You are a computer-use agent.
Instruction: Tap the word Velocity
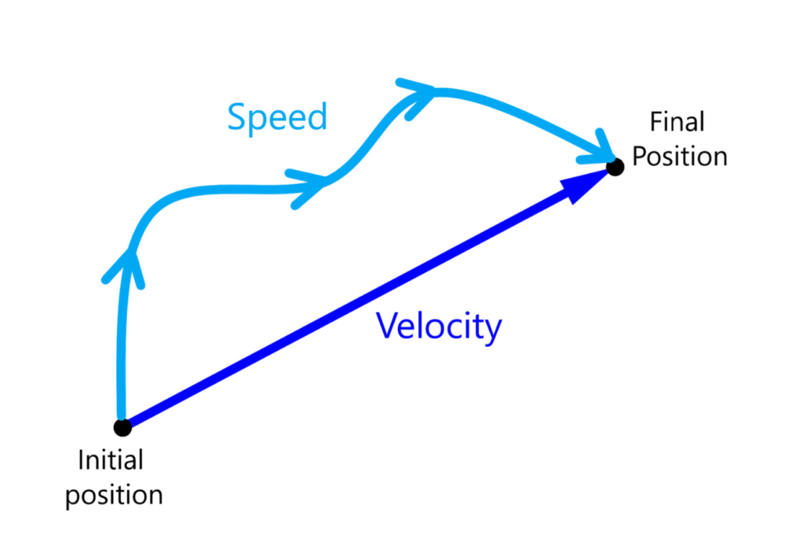tap(439, 327)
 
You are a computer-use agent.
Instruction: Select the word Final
tap(677, 122)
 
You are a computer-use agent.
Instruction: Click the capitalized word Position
tap(680, 156)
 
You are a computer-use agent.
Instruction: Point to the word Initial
tap(111, 460)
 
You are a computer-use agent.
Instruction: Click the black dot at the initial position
tap(122, 427)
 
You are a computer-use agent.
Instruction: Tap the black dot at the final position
tap(615, 167)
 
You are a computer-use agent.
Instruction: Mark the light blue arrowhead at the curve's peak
tap(418, 97)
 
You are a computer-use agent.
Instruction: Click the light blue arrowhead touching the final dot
tap(601, 150)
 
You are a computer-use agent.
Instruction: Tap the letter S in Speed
tap(237, 117)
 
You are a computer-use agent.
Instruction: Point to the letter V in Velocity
tap(388, 325)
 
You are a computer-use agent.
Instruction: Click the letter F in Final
tap(657, 122)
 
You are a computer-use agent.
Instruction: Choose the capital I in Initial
tap(81, 460)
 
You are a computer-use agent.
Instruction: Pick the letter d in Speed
tap(316, 117)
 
